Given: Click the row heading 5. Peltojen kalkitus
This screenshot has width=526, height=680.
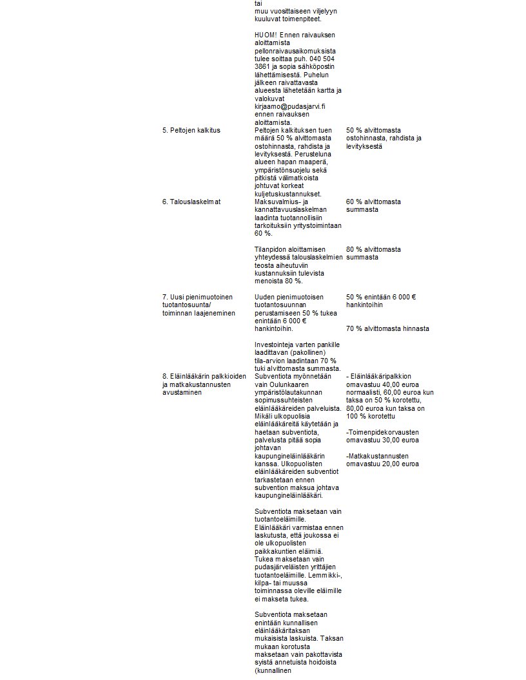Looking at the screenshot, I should coord(191,130).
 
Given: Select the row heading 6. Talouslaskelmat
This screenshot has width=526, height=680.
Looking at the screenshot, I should coord(191,202).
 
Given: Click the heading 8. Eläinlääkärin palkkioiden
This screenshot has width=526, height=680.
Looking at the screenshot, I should coord(204,376).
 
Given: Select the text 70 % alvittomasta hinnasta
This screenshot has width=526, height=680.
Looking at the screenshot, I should coord(387,328).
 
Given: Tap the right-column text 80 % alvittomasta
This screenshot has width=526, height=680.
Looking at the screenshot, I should coord(373,249).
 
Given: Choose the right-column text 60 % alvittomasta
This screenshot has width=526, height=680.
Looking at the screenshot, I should coord(373,202).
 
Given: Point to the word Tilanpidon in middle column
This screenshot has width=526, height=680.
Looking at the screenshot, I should coord(270,249).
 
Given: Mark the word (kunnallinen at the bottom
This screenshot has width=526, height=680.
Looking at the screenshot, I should coord(273,670).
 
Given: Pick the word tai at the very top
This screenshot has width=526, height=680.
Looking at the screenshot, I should coord(258,3).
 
